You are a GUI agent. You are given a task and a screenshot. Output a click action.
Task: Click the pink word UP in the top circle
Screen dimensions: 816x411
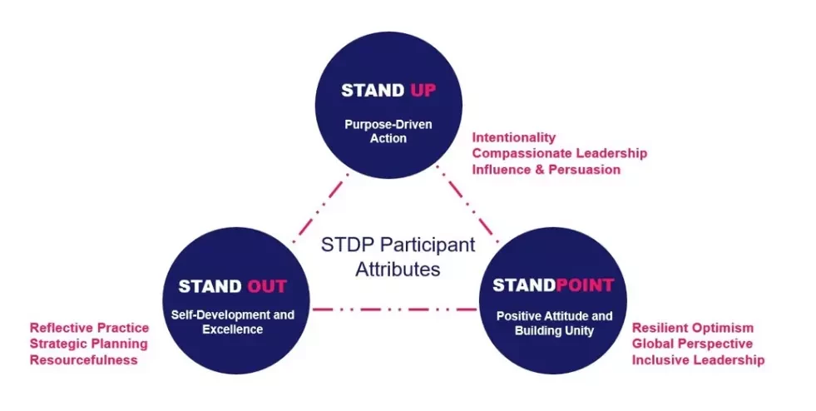point(423,91)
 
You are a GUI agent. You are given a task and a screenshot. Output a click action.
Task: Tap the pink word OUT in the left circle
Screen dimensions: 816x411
point(266,286)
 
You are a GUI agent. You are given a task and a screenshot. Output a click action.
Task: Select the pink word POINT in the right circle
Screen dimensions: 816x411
point(585,285)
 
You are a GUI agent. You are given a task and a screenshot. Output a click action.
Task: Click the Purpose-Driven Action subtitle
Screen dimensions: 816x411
point(388,131)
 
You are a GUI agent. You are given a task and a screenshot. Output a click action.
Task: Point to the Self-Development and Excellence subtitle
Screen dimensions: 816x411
point(233,322)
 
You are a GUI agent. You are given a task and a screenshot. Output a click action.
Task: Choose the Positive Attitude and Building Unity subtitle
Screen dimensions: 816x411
point(554,323)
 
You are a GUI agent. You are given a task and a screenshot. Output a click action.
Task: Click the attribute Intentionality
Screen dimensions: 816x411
point(514,137)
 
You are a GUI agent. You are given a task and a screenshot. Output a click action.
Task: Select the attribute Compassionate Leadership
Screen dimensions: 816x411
point(560,153)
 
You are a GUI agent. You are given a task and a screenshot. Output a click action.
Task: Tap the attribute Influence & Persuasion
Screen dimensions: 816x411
point(546,170)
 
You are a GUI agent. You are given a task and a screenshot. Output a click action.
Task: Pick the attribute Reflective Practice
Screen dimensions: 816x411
point(90,328)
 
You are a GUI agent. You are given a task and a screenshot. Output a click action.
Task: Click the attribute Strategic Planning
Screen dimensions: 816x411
point(88,344)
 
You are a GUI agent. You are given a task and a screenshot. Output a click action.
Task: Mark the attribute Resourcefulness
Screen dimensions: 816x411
point(84,360)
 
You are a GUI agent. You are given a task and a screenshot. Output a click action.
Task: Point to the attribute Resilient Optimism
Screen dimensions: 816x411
point(693,328)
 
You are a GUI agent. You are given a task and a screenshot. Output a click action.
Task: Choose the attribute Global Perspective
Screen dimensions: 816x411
point(692,344)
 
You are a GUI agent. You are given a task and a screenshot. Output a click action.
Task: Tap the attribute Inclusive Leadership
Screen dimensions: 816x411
point(699,360)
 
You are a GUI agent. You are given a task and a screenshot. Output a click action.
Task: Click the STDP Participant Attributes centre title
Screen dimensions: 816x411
point(398,256)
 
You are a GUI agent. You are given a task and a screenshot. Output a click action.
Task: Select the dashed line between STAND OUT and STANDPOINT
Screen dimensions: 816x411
point(394,309)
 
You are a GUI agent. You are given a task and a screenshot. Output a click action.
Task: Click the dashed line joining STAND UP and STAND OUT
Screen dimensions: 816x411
point(320,209)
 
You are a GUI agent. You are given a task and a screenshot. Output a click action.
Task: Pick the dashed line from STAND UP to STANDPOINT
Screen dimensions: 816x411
point(467,205)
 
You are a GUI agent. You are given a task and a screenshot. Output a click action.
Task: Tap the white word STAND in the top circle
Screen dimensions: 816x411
point(373,91)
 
